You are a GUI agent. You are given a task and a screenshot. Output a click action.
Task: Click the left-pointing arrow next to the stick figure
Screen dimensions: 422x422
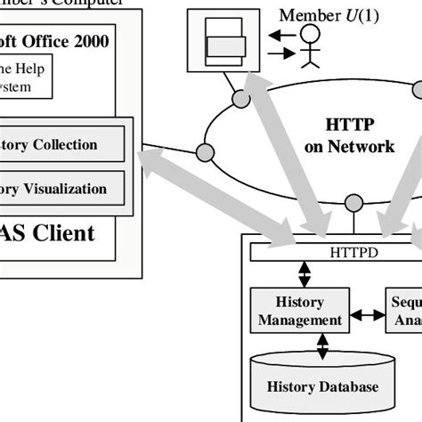pyautogui.click(x=280, y=36)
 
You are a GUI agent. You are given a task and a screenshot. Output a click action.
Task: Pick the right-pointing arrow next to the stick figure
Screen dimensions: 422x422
pyautogui.click(x=280, y=53)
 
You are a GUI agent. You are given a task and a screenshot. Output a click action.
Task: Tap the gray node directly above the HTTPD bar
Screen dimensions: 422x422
pyautogui.click(x=353, y=201)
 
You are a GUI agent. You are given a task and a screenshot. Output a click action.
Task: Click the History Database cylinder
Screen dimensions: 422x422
pyautogui.click(x=323, y=385)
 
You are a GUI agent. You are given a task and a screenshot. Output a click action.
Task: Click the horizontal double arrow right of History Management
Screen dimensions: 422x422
pyautogui.click(x=366, y=315)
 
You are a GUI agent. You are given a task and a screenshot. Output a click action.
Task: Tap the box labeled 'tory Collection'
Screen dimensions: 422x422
pyautogui.click(x=61, y=144)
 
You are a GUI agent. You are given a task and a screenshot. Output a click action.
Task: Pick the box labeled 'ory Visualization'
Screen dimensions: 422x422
pyautogui.click(x=61, y=189)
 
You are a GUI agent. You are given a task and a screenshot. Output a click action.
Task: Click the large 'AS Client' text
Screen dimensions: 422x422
pyautogui.click(x=48, y=234)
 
